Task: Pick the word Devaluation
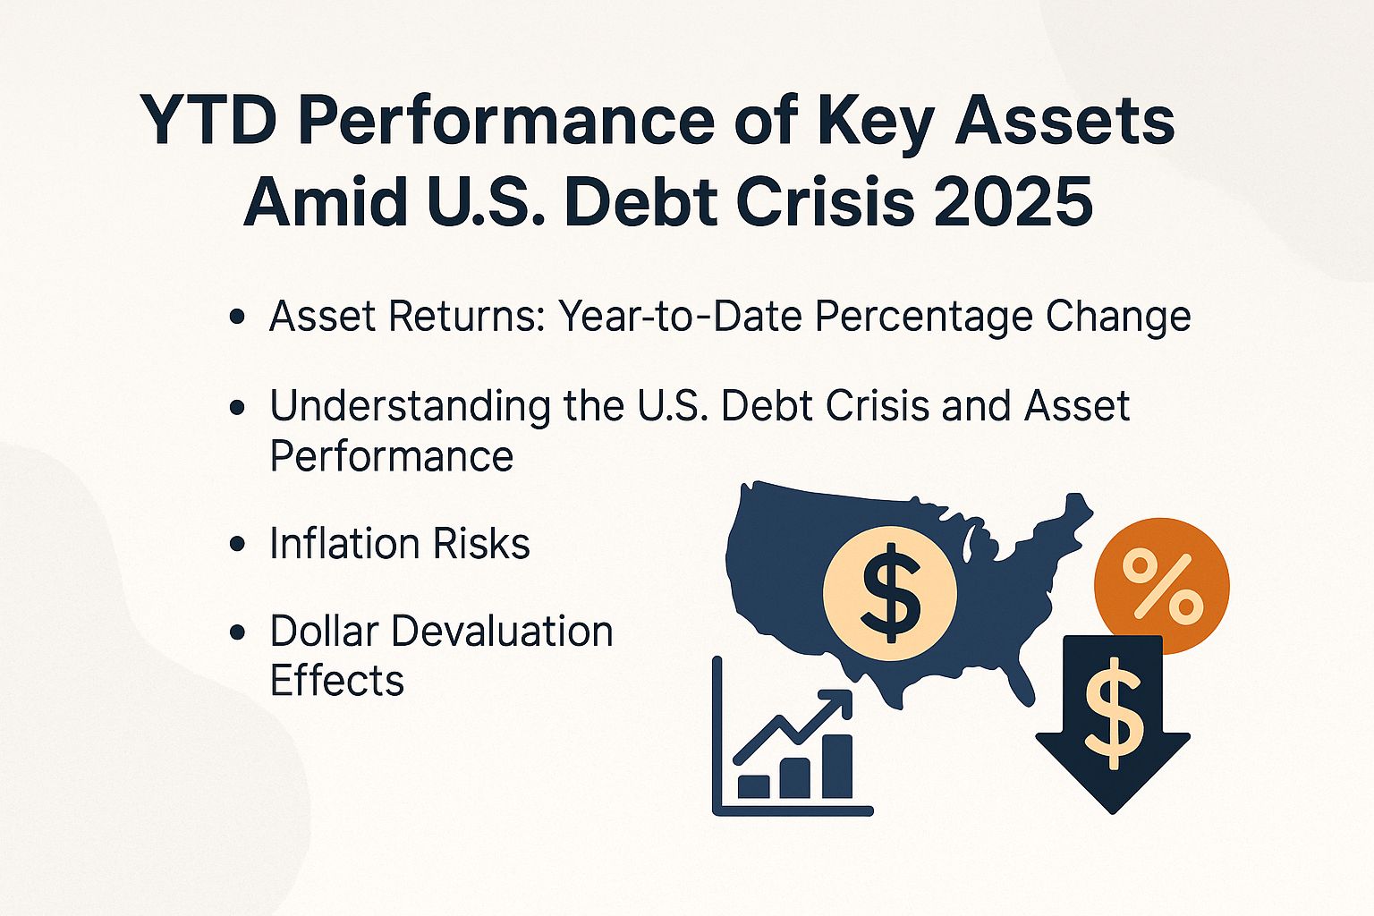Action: point(502,632)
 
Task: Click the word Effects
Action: point(336,681)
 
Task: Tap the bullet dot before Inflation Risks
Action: point(237,545)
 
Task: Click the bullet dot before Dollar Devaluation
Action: point(237,632)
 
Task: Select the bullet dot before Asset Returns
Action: point(237,318)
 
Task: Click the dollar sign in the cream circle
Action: point(889,592)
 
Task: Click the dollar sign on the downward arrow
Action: point(1112,712)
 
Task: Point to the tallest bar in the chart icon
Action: point(836,768)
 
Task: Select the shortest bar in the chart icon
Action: point(753,787)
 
